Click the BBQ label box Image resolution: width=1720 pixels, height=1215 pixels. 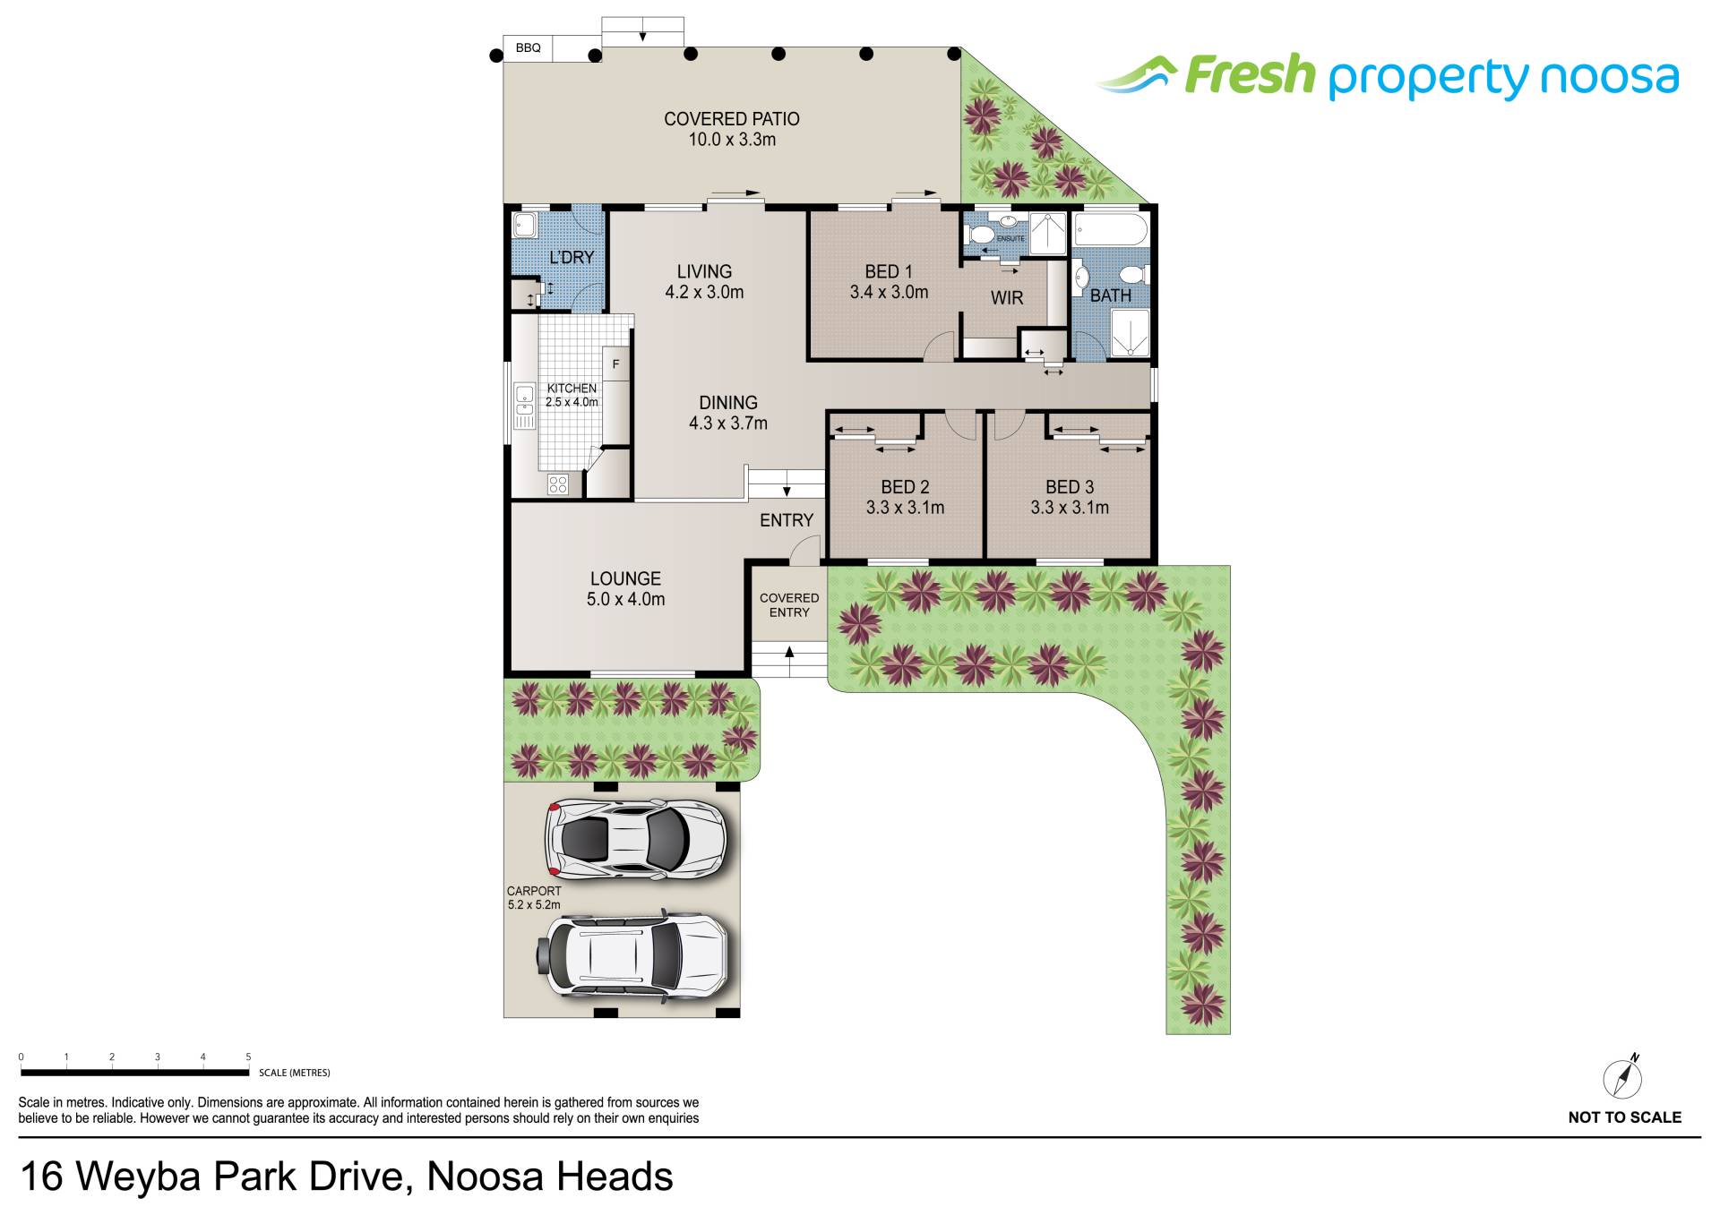click(x=529, y=48)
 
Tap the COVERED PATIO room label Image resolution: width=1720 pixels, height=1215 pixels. click(x=732, y=129)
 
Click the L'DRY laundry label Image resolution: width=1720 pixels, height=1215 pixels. click(x=572, y=258)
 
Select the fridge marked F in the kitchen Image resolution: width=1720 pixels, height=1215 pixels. click(x=615, y=364)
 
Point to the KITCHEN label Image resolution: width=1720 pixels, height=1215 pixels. click(x=572, y=395)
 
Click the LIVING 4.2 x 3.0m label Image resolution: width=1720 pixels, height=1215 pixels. click(x=704, y=281)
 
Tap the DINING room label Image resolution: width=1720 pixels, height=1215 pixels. click(x=728, y=413)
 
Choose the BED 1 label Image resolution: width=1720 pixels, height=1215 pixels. click(x=889, y=281)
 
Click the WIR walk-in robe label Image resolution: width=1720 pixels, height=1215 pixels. click(x=1007, y=298)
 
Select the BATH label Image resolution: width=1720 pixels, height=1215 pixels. click(x=1110, y=295)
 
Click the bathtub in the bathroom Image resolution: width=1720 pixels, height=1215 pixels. click(x=1111, y=229)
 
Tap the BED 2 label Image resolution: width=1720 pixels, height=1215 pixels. click(x=905, y=497)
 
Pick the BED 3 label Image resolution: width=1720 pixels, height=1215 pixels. click(x=1070, y=497)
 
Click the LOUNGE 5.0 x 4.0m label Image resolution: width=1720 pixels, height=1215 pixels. click(x=625, y=588)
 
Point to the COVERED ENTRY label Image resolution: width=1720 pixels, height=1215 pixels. click(x=789, y=605)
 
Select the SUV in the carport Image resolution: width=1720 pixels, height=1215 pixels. click(x=632, y=955)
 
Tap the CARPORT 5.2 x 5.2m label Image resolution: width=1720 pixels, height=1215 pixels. click(x=534, y=898)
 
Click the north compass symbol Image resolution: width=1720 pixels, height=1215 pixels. click(x=1622, y=1076)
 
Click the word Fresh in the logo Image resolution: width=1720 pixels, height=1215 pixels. click(x=1250, y=75)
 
